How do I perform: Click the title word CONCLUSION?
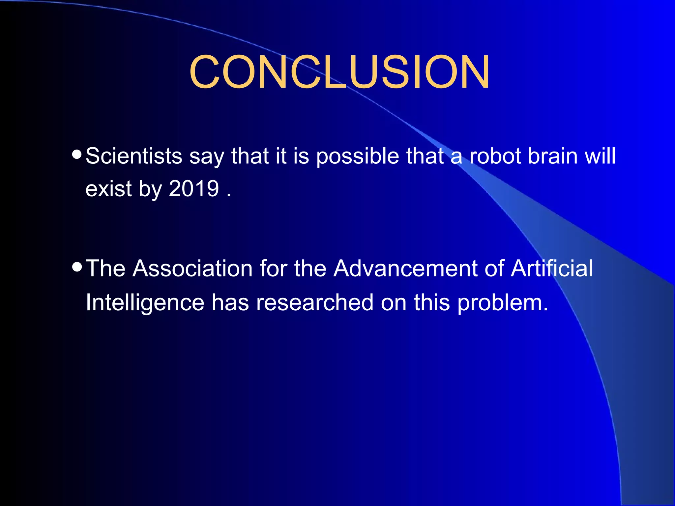(339, 72)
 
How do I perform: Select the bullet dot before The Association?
(76, 267)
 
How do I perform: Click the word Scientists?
(134, 156)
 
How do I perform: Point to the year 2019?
(194, 189)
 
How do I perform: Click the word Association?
(193, 268)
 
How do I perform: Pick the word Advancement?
(405, 268)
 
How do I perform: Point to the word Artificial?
(552, 268)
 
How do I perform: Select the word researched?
(315, 302)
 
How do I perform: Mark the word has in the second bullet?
(230, 302)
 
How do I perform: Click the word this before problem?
(432, 302)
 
